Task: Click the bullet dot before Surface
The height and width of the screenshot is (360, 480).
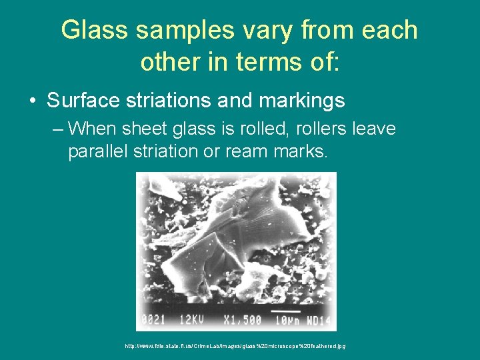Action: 33,101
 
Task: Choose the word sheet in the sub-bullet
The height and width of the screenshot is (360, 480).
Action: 142,128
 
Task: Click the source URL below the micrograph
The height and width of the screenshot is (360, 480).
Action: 235,346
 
